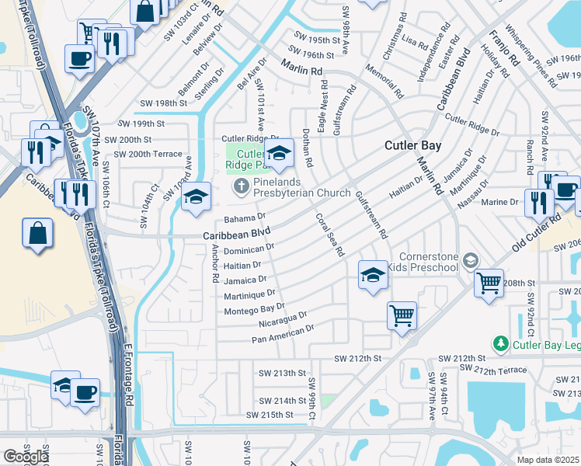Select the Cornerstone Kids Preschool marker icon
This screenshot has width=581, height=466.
click(470, 261)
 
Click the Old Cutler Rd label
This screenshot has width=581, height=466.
click(536, 233)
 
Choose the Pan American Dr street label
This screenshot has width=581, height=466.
click(283, 334)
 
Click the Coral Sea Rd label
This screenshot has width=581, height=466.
click(329, 233)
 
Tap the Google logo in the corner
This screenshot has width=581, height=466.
click(26, 457)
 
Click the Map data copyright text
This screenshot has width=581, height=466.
click(548, 460)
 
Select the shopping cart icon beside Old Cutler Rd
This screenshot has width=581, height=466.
click(489, 283)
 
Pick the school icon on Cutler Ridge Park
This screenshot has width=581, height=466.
click(279, 153)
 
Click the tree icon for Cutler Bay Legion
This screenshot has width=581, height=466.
click(501, 343)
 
